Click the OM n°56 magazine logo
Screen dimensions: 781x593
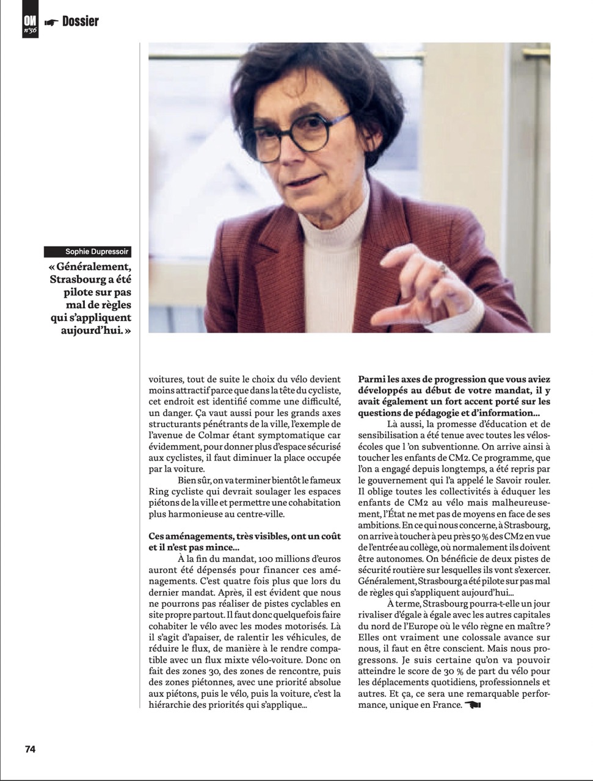coord(30,24)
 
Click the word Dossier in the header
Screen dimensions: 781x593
coord(80,21)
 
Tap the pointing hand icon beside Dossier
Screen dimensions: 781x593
coord(51,23)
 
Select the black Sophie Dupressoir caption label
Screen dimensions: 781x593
coord(89,252)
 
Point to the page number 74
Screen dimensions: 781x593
coord(30,749)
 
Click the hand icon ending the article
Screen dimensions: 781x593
coord(473,705)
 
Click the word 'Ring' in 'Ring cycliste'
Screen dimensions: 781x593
coord(159,491)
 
